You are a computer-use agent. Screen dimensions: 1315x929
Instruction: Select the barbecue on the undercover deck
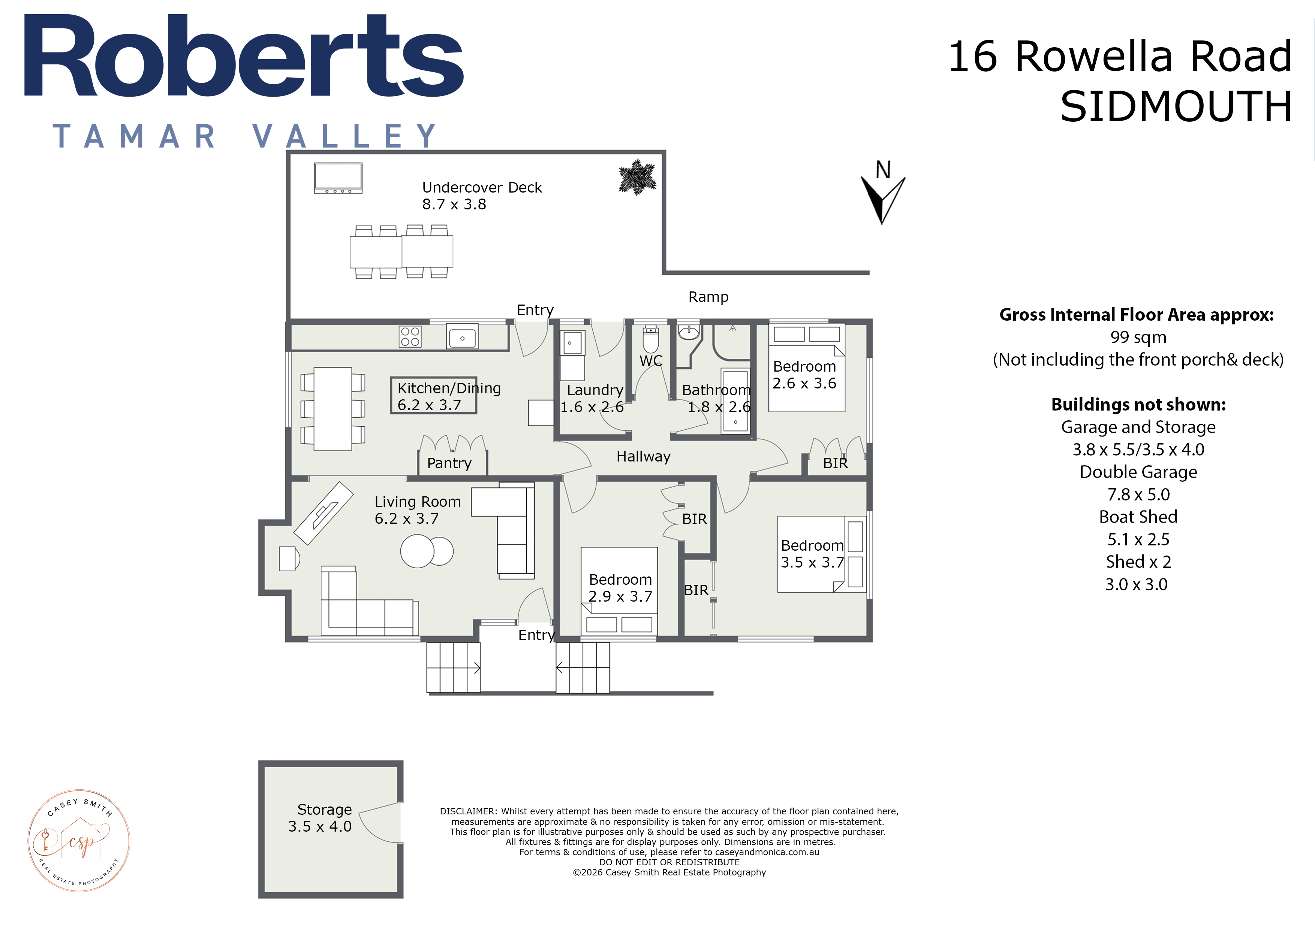tap(338, 178)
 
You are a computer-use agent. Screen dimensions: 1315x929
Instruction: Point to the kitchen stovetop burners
tap(410, 336)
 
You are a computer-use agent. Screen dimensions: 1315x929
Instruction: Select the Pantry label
tap(449, 463)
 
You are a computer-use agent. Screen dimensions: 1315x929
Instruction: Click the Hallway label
tap(643, 456)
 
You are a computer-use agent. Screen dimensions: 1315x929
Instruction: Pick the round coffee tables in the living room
tap(427, 551)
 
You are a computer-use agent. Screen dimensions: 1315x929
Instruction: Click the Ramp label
tap(708, 297)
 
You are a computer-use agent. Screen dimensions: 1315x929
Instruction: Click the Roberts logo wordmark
tap(243, 56)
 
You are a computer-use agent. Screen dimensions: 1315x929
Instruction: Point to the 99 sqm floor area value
tap(1138, 337)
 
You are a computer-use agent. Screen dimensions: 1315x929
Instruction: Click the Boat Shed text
tap(1138, 517)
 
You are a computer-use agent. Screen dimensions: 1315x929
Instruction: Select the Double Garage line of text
tap(1138, 472)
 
